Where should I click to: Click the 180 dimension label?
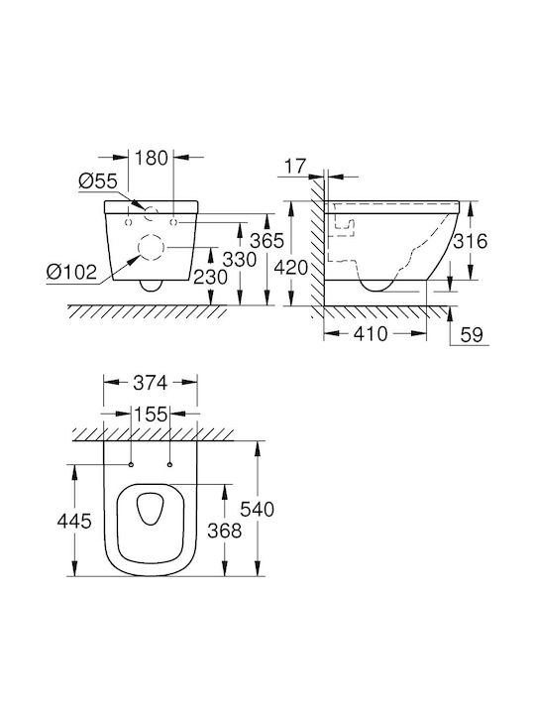(x=152, y=158)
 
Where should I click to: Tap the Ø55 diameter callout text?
(x=98, y=180)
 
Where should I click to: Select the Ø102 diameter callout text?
(x=72, y=272)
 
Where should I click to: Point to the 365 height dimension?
(x=267, y=240)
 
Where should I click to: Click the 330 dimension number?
(x=240, y=260)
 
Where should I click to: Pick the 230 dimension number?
(x=211, y=277)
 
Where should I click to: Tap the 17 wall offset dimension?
(x=295, y=167)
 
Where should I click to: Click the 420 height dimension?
(x=291, y=268)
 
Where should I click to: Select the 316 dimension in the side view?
(x=470, y=241)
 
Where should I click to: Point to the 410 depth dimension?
(x=371, y=334)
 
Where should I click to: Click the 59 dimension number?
(x=472, y=335)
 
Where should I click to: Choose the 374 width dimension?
(x=151, y=383)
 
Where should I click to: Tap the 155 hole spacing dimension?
(x=151, y=415)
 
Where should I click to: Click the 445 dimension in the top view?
(x=74, y=521)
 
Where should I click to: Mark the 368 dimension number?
(x=224, y=530)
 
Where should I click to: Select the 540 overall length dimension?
(x=257, y=509)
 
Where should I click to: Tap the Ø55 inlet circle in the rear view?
(x=151, y=206)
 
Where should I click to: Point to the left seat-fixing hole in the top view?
(x=131, y=465)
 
